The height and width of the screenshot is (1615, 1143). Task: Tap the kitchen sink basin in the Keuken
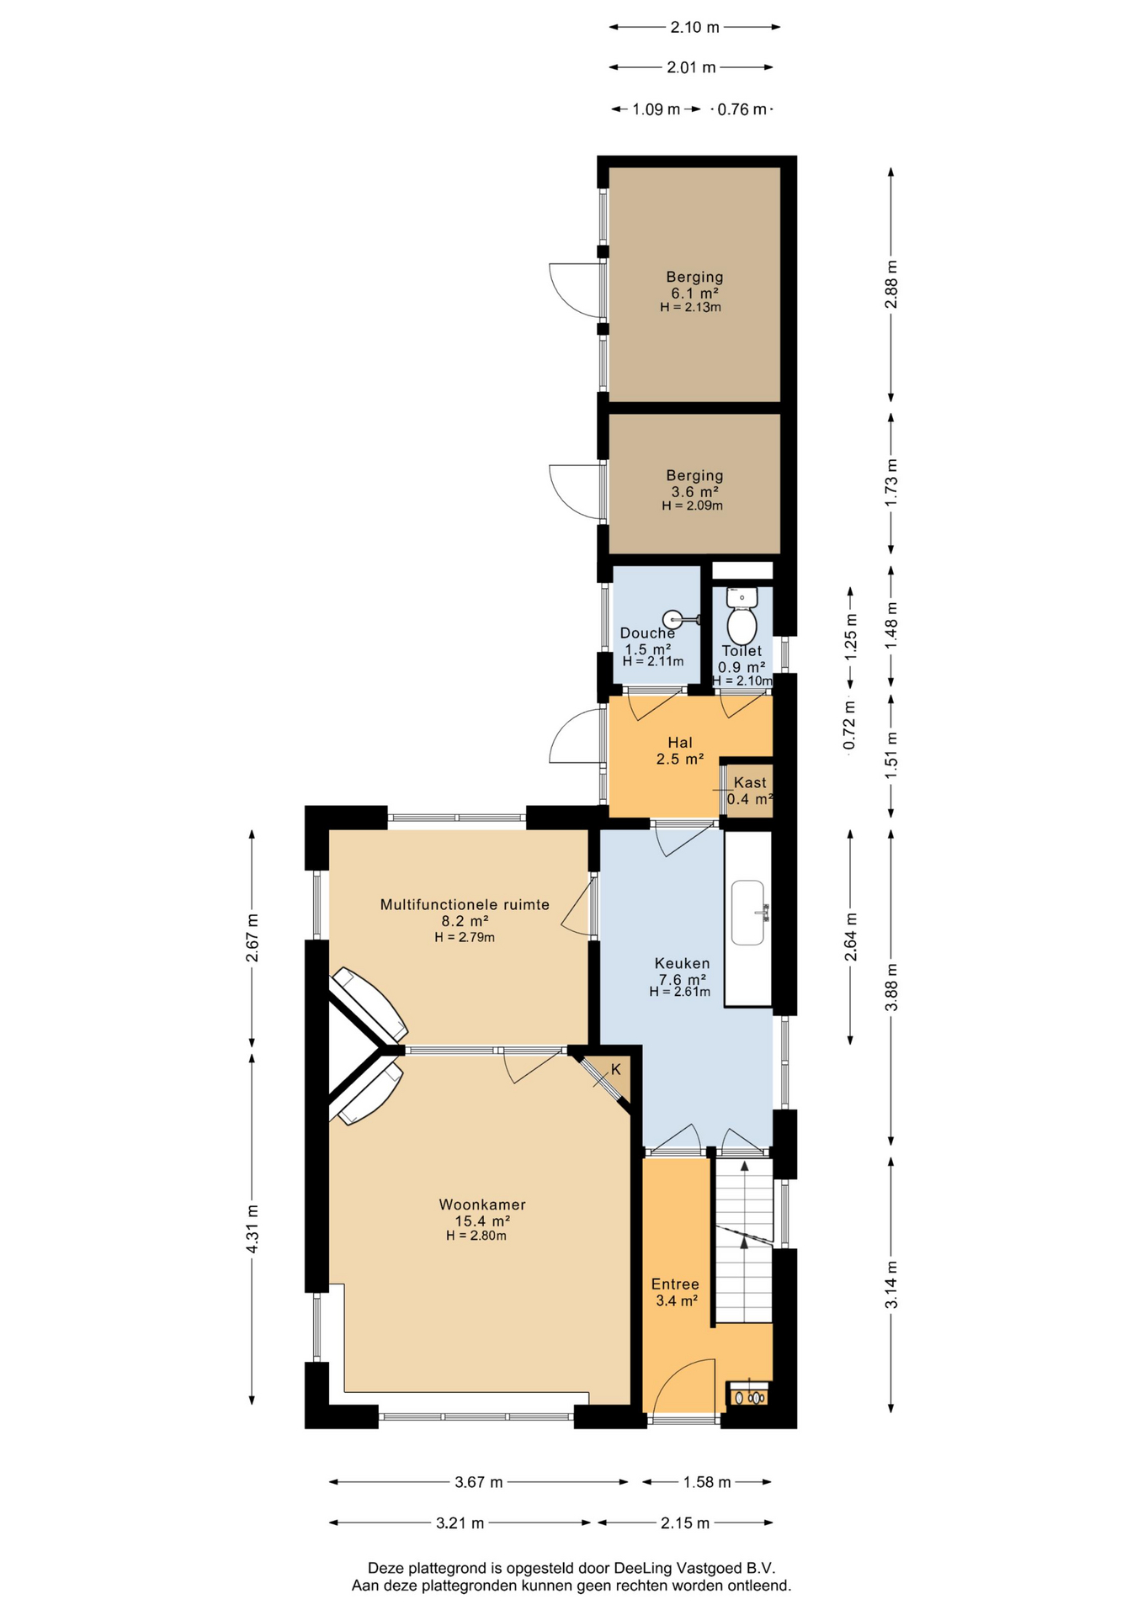tap(748, 913)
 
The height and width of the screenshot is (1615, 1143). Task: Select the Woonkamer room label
tap(482, 1205)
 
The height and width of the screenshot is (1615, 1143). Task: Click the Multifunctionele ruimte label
tap(465, 905)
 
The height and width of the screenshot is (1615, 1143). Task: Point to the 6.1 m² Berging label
tap(694, 277)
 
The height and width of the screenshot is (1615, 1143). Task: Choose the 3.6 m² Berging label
tap(694, 475)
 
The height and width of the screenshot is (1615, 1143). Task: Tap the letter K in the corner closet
tap(616, 1069)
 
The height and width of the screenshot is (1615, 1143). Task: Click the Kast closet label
tap(750, 782)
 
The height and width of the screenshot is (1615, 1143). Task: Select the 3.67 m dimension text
tap(479, 1482)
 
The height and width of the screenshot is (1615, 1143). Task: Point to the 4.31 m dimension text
tap(252, 1229)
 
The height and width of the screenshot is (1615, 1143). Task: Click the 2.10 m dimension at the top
tap(695, 27)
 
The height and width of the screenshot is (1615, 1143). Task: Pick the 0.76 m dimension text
tap(742, 109)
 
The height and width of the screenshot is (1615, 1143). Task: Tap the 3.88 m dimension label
tap(892, 987)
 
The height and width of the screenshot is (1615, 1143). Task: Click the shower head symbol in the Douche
tap(681, 620)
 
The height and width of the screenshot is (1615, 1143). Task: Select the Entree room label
tap(675, 1284)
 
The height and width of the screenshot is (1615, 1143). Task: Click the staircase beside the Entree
tap(743, 1240)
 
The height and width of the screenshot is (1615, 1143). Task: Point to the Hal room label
tap(680, 743)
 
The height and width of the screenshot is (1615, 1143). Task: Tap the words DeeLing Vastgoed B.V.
tap(694, 1568)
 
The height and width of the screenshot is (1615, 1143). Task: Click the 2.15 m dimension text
tap(685, 1522)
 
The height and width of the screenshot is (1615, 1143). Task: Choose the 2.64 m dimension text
tap(851, 936)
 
